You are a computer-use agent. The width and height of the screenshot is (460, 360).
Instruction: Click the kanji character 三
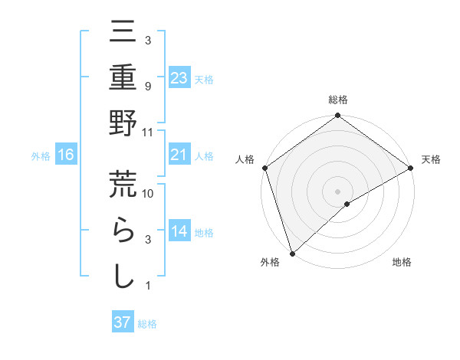click(x=123, y=33)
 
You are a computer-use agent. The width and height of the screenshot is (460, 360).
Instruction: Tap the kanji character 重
click(x=123, y=79)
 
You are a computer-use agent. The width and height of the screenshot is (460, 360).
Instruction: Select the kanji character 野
click(x=123, y=125)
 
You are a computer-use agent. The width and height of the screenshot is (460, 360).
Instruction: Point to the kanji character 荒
click(x=123, y=185)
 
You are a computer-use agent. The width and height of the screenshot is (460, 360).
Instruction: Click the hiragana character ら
click(x=123, y=231)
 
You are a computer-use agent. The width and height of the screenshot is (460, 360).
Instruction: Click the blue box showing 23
click(x=179, y=77)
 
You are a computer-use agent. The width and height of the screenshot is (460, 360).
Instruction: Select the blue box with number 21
click(x=179, y=155)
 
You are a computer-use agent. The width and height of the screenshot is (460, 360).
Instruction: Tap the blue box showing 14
click(x=179, y=232)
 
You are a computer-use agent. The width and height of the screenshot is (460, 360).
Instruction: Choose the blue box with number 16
click(x=66, y=155)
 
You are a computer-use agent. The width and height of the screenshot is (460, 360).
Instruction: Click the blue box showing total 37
click(x=123, y=322)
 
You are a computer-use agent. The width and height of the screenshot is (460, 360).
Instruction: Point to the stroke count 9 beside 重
click(x=147, y=86)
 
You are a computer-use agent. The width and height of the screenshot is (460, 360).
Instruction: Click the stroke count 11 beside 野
click(x=149, y=132)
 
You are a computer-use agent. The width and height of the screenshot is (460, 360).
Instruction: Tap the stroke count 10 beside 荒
click(x=149, y=194)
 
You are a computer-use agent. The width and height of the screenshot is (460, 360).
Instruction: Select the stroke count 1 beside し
click(x=147, y=286)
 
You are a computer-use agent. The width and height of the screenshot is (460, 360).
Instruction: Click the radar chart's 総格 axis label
click(x=337, y=100)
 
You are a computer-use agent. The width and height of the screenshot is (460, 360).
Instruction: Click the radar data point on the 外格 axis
click(x=291, y=253)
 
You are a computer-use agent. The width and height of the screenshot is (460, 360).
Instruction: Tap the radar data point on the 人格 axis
click(x=264, y=168)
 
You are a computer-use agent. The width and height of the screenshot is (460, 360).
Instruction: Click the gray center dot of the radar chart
click(x=337, y=191)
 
